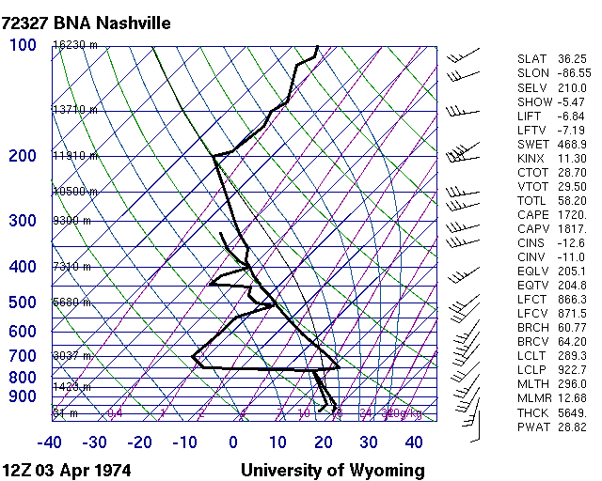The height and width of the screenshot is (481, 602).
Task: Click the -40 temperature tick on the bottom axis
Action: coord(50,442)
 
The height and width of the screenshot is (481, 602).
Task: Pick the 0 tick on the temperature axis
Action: coord(233,442)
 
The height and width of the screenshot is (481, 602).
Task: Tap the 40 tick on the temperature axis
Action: coord(414,442)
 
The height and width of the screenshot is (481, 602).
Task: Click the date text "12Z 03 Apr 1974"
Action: coord(67,471)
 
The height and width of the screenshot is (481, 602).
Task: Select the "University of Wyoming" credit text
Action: coord(332,471)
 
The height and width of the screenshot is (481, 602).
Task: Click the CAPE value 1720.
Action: coord(571,214)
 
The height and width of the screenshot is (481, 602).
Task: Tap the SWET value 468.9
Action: coord(571,144)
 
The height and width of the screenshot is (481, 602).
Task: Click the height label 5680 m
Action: coord(72,303)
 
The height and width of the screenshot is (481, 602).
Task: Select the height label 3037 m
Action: coord(72,356)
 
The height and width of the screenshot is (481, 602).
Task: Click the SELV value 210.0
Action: coord(571,87)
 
